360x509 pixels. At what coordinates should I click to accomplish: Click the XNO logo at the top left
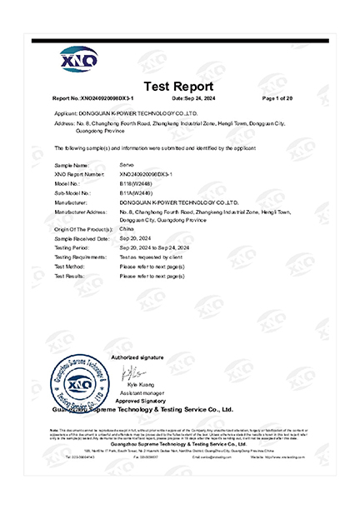tap(79, 59)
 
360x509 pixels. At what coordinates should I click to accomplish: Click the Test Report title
tap(179, 87)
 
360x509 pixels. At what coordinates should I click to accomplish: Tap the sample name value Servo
tap(128, 166)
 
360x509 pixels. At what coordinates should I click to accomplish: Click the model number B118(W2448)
tap(137, 182)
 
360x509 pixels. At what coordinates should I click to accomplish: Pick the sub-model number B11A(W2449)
tap(137, 190)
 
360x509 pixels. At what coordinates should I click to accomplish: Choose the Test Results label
tap(70, 275)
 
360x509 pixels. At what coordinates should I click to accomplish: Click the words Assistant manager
tap(142, 393)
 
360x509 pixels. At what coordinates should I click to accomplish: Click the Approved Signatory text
tap(142, 402)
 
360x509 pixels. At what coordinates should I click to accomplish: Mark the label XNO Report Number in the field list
tap(79, 174)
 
